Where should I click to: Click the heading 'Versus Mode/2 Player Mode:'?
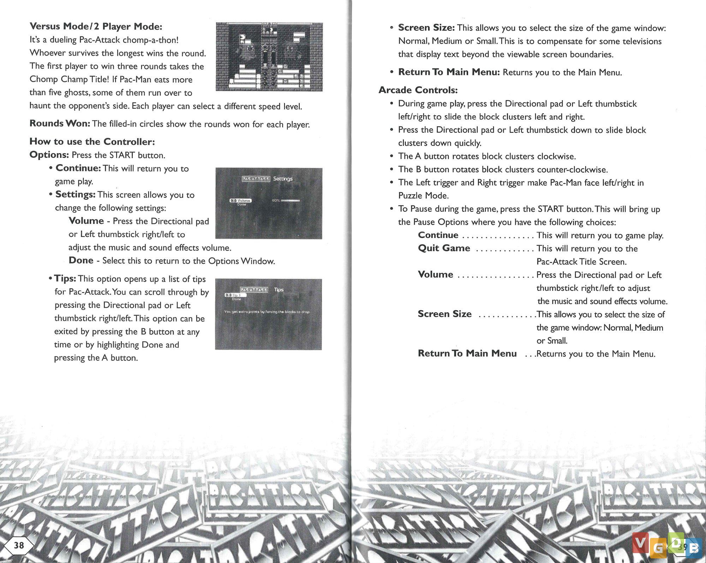[96, 26]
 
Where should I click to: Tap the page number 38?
[19, 545]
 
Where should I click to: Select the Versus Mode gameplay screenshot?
[269, 56]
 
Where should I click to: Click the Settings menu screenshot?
[269, 203]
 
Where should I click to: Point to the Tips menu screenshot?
[268, 314]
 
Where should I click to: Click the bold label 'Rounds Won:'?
[60, 124]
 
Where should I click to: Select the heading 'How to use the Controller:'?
[92, 142]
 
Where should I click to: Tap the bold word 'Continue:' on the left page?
[78, 168]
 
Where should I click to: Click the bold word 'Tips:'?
[65, 278]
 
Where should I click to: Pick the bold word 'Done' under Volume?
[81, 260]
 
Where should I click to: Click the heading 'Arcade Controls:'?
[418, 90]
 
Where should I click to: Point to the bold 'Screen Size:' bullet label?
[426, 28]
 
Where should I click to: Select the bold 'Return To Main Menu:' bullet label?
[449, 72]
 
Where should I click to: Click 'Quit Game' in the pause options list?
[444, 248]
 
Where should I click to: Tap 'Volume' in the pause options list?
[435, 275]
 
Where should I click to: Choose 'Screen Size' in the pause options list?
[444, 314]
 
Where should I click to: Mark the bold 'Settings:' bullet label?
[76, 194]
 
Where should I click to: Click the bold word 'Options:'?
[49, 155]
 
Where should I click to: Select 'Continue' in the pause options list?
[438, 235]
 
